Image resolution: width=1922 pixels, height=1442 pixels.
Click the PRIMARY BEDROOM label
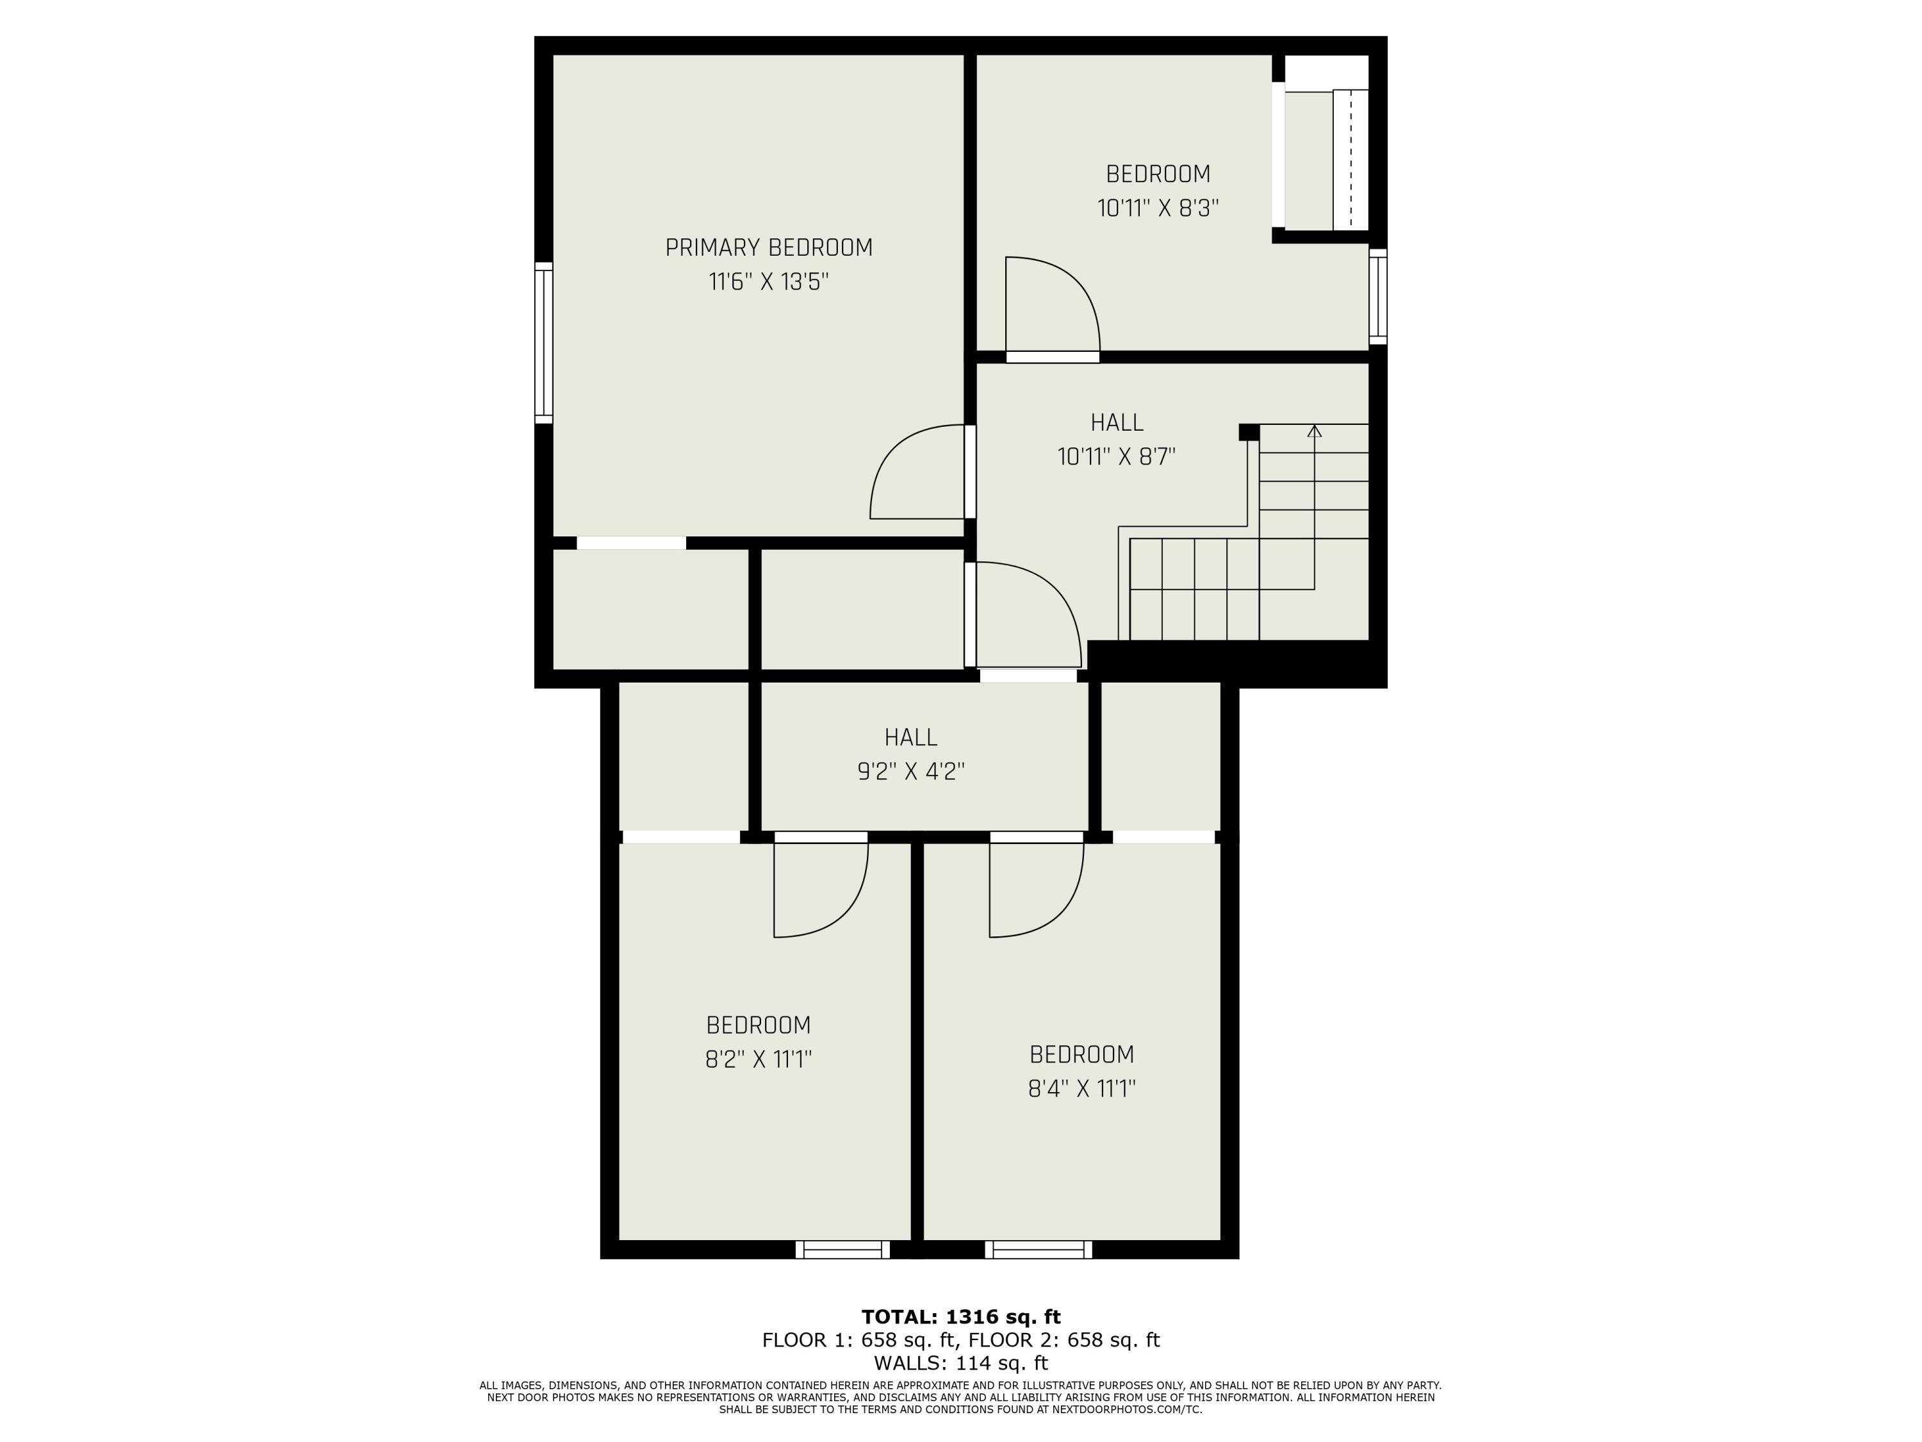pyautogui.click(x=768, y=248)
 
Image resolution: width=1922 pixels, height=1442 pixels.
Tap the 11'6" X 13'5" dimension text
pyautogui.click(x=768, y=283)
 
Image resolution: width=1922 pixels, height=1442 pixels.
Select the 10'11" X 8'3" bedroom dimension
pyautogui.click(x=1158, y=208)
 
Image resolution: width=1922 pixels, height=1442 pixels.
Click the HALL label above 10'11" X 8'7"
pyautogui.click(x=1117, y=422)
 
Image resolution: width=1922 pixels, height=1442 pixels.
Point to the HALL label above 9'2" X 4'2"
pyautogui.click(x=910, y=737)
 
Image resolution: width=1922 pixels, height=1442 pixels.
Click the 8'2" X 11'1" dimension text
pyautogui.click(x=758, y=1059)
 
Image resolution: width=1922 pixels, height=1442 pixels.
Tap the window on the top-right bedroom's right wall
pyautogui.click(x=1377, y=295)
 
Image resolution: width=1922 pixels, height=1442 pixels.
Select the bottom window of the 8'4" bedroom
pyautogui.click(x=1039, y=1249)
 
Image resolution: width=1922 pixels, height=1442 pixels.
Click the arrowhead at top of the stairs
pyautogui.click(x=1314, y=430)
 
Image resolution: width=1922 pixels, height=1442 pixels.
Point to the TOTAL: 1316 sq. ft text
pyautogui.click(x=961, y=1317)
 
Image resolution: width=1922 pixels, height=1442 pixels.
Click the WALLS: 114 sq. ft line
pyautogui.click(x=961, y=1363)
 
